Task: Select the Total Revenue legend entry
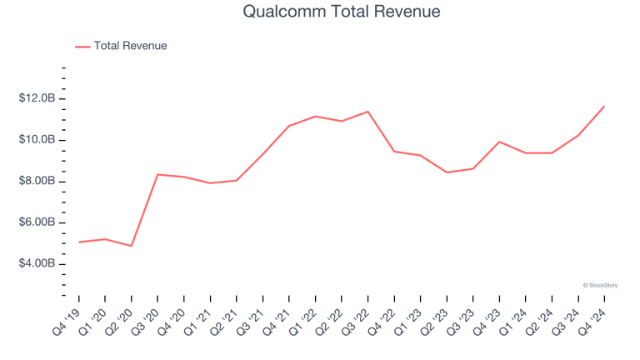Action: pos(130,46)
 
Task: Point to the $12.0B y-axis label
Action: pos(37,98)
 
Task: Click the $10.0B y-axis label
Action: pos(37,140)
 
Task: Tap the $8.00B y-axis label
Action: pos(37,181)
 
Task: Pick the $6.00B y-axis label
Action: pos(37,222)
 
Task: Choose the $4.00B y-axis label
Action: pos(37,263)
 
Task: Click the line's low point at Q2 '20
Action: pos(131,246)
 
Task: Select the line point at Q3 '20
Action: pos(157,174)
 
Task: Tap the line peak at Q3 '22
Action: pos(367,112)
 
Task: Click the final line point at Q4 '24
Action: pos(604,106)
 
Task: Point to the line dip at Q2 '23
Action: pos(447,172)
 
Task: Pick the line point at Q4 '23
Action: pos(499,142)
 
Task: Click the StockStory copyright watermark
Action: pos(600,285)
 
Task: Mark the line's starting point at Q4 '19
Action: pos(78,242)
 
